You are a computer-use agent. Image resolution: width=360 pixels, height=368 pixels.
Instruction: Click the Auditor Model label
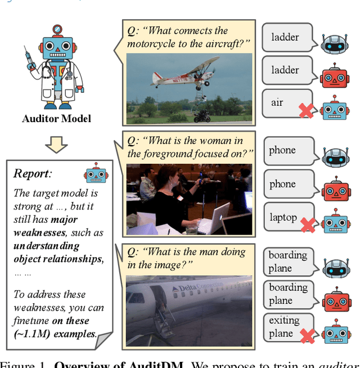click(56, 119)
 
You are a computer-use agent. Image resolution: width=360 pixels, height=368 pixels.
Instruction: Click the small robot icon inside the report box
click(96, 174)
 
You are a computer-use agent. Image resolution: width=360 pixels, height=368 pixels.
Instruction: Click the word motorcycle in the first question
click(154, 43)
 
